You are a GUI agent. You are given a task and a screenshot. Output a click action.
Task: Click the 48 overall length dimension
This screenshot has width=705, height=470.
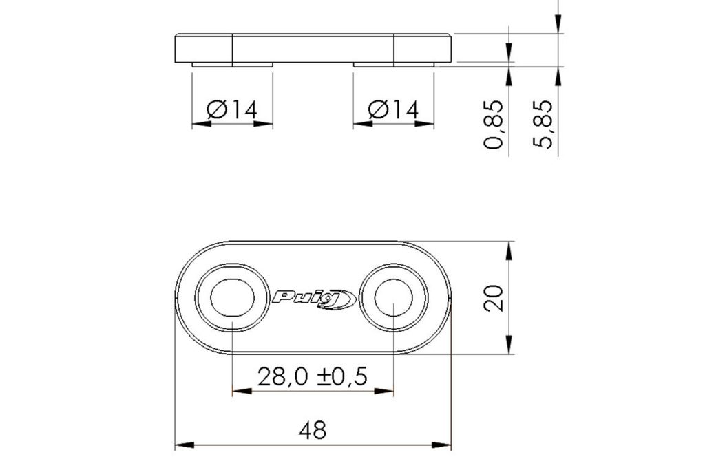(x=313, y=431)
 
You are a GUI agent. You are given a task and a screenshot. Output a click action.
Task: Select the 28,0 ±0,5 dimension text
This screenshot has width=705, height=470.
(x=313, y=376)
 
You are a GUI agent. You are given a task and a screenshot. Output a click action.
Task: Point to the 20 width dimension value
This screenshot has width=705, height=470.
(x=493, y=297)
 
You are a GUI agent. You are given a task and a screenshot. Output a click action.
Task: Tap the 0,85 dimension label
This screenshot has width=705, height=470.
(x=493, y=125)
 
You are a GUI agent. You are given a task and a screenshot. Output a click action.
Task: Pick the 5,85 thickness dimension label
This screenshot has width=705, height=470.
(x=542, y=124)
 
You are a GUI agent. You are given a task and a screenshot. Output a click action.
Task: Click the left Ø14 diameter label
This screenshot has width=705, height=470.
(x=232, y=109)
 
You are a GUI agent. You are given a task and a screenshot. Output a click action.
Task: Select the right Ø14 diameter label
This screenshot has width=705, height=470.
(x=393, y=109)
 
